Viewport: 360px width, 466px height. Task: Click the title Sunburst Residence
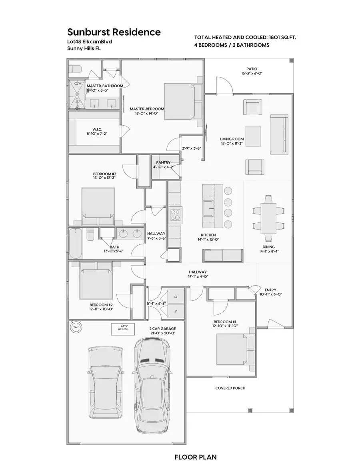pyautogui.click(x=114, y=32)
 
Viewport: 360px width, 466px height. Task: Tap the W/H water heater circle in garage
pyautogui.click(x=75, y=327)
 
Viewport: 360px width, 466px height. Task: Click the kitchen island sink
pyautogui.click(x=208, y=208)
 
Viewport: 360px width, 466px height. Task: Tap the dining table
pyautogui.click(x=268, y=218)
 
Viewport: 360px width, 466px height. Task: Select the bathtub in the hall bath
pyautogui.click(x=76, y=243)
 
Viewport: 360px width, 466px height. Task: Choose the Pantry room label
pyautogui.click(x=163, y=162)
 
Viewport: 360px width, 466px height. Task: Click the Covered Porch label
pyautogui.click(x=230, y=388)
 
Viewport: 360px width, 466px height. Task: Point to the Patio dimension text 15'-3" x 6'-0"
pyautogui.click(x=252, y=74)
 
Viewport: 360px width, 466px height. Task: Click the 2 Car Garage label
pyautogui.click(x=160, y=328)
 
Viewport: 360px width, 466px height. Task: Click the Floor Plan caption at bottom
pyautogui.click(x=196, y=456)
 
